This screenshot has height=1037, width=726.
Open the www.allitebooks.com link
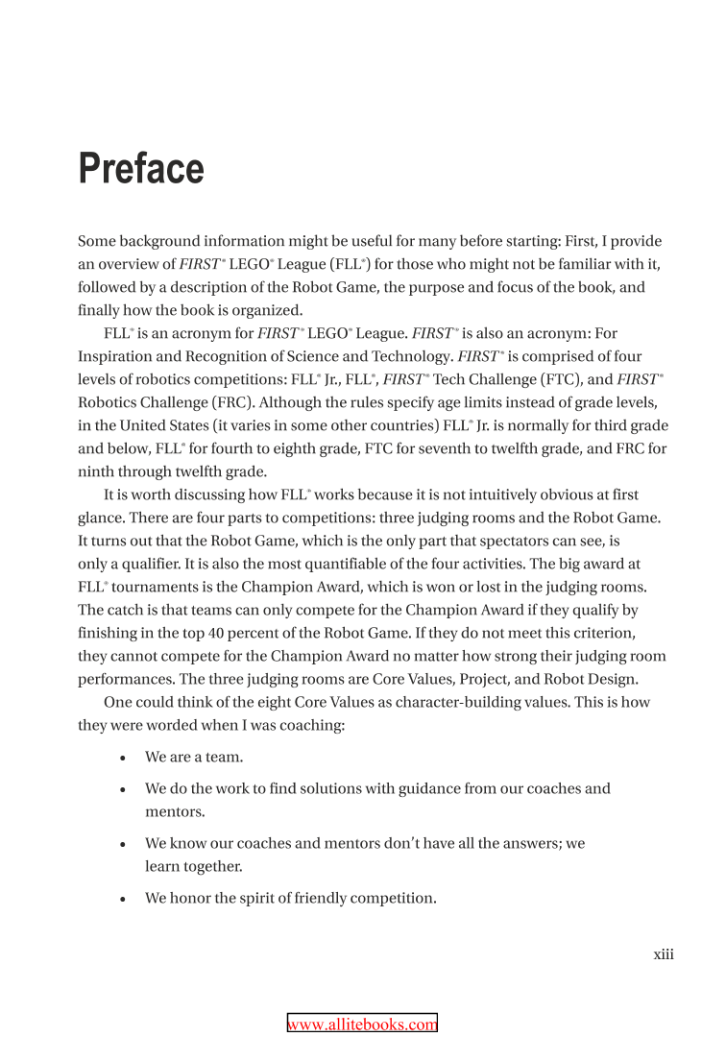(x=363, y=1025)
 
